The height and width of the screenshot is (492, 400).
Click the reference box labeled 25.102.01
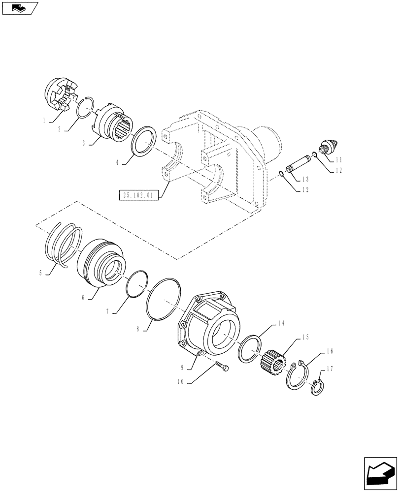click(x=136, y=195)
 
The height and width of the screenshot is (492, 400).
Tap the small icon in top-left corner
click(x=18, y=7)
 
